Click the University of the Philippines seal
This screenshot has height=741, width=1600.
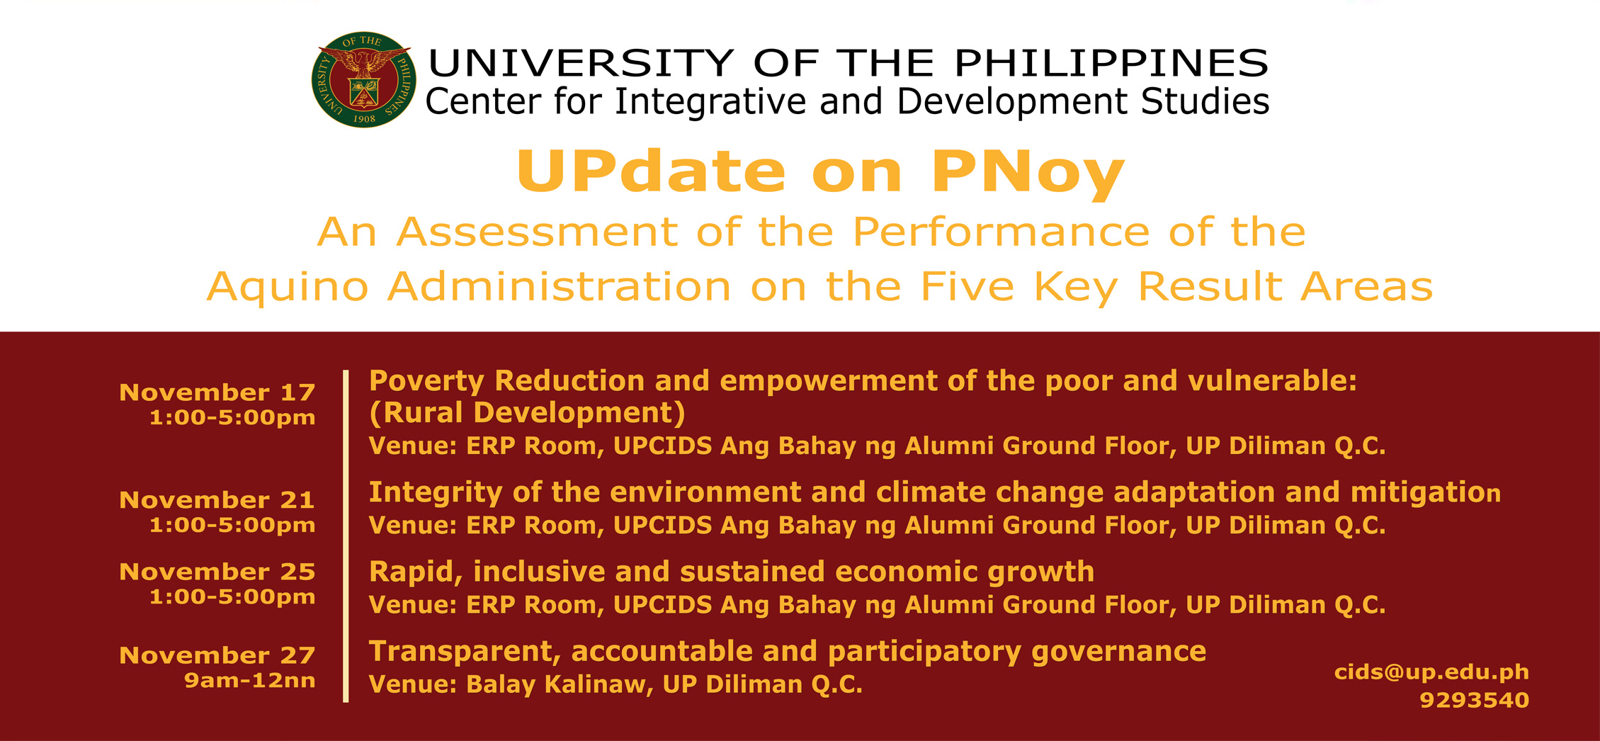click(363, 79)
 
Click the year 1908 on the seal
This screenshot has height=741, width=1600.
click(364, 119)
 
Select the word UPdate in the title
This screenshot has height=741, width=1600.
click(651, 171)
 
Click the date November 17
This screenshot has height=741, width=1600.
click(217, 392)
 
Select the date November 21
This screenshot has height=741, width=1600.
click(217, 500)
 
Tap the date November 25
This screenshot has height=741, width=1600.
click(217, 572)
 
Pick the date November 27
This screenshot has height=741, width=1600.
click(217, 655)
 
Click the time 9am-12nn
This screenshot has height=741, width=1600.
click(249, 681)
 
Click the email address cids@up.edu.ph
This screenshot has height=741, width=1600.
click(1431, 672)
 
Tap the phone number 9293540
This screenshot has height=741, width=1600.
click(1474, 701)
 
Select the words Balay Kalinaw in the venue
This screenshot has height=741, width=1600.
click(559, 685)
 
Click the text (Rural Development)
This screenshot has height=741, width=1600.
click(527, 413)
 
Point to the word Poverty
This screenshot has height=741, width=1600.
click(426, 382)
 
